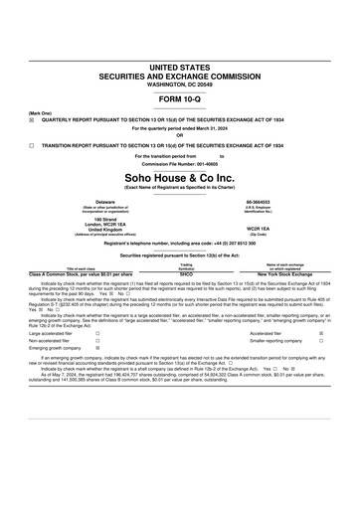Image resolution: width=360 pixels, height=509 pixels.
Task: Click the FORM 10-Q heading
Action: [180, 102]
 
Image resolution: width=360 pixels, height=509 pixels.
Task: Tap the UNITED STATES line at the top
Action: [180, 66]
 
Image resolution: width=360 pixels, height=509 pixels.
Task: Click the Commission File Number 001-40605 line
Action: [180, 163]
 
